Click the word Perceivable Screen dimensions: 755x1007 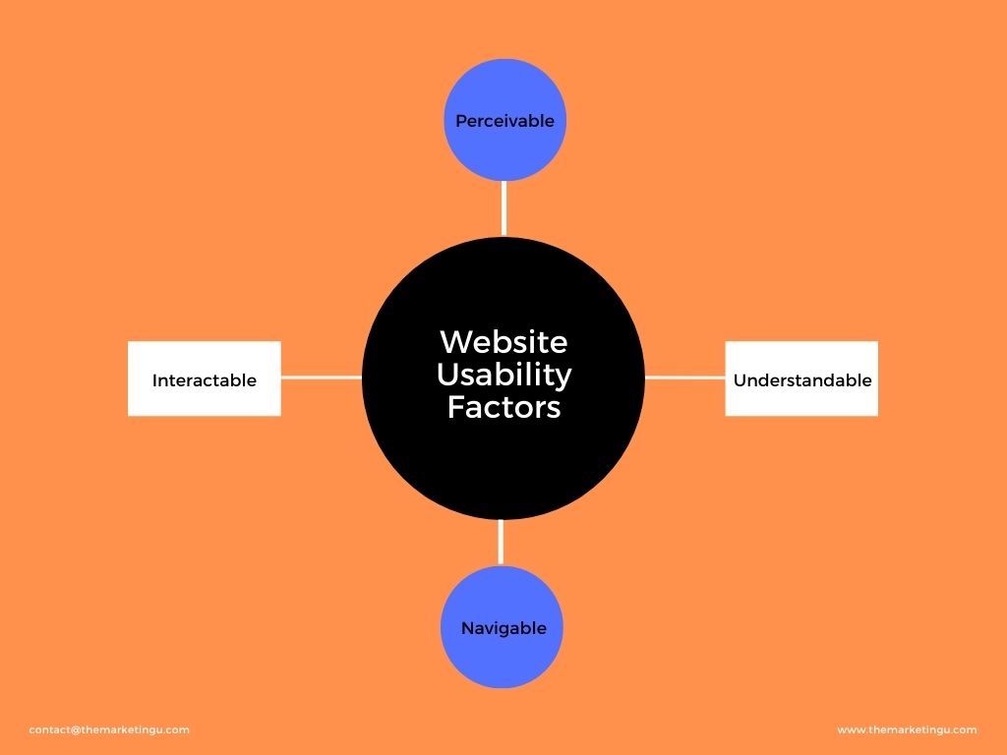[504, 121]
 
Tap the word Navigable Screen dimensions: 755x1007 [503, 628]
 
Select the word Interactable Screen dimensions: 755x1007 [204, 379]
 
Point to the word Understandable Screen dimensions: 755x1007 [802, 379]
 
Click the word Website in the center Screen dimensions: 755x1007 [503, 342]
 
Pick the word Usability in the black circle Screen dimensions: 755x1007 [503, 375]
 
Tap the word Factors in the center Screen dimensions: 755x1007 [503, 407]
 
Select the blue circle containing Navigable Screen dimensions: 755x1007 [502, 659]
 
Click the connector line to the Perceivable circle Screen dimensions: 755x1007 [504, 207]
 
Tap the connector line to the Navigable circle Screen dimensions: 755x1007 [502, 542]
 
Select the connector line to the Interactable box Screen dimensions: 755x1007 [322, 377]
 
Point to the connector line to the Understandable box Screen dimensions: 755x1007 [684, 377]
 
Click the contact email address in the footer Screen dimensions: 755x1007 [109, 729]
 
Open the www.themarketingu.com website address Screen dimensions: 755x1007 [907, 729]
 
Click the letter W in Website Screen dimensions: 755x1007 [453, 342]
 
